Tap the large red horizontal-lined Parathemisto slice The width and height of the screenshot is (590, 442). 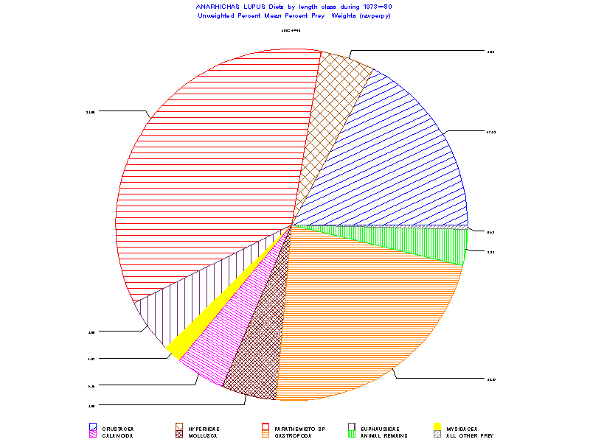(x=206, y=169)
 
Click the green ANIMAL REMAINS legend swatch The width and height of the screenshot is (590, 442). (x=352, y=435)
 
